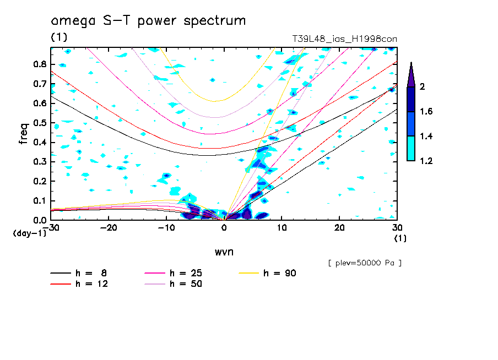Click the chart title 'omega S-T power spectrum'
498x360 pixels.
click(148, 21)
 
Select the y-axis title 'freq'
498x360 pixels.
click(24, 133)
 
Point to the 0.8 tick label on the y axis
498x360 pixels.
click(39, 64)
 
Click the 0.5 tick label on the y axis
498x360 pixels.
click(39, 123)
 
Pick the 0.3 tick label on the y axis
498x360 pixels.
click(39, 162)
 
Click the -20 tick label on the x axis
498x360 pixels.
click(109, 228)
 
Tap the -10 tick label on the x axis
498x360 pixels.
click(166, 228)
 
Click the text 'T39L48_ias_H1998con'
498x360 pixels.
click(344, 39)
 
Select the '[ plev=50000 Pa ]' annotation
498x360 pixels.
click(365, 263)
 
